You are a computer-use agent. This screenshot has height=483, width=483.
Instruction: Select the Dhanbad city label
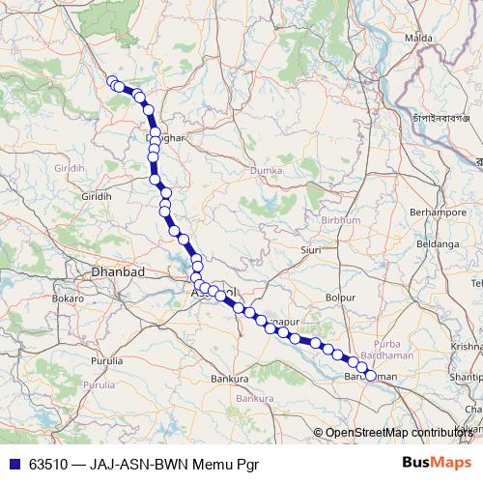tap(117, 272)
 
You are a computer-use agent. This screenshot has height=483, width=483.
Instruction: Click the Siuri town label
tap(311, 249)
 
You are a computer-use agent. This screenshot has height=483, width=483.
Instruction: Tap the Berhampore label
tap(439, 210)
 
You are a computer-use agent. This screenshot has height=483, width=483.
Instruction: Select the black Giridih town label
tap(97, 195)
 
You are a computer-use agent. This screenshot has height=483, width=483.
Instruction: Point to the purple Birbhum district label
tap(341, 221)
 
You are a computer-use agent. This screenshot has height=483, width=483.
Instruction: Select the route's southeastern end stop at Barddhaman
tap(369, 375)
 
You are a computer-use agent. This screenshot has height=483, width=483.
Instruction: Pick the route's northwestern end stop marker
tap(112, 82)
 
